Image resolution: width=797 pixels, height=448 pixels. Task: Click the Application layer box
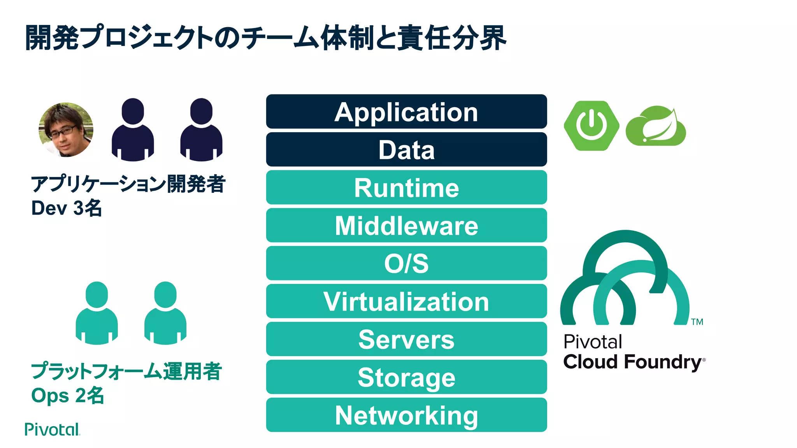406,112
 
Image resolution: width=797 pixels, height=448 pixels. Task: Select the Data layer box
406,150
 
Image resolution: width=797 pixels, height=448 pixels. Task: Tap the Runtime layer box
406,187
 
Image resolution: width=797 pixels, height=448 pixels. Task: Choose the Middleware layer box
406,226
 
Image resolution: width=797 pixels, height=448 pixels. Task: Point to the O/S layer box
406,263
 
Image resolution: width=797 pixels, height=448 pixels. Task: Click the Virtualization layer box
406,301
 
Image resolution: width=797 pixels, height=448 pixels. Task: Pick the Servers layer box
406,339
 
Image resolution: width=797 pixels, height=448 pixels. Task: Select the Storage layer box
406,377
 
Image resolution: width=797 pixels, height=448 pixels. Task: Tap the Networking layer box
406,415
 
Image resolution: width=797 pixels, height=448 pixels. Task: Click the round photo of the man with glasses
66,130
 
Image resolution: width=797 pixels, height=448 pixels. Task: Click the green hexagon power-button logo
591,126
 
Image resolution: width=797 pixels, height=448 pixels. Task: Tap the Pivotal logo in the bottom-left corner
52,429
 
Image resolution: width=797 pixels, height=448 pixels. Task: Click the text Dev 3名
67,208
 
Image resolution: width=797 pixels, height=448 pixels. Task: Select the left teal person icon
97,313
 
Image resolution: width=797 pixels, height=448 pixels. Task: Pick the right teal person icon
165,313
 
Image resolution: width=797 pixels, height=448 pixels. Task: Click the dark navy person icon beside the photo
133,129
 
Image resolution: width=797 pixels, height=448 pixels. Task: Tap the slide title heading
266,38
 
